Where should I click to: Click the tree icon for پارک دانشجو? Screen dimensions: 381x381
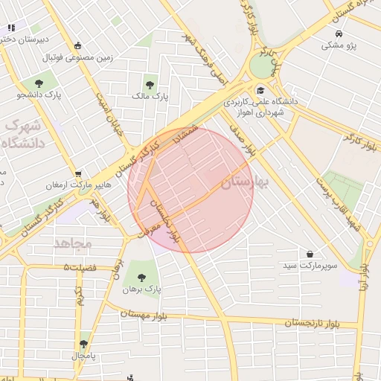tap(39, 83)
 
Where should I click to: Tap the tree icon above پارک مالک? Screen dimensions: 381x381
tap(151, 84)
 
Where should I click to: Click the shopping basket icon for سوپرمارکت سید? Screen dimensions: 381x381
tap(310, 254)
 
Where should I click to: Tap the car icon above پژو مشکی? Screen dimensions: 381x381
tap(339, 34)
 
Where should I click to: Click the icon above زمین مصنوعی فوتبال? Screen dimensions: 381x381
tap(80, 45)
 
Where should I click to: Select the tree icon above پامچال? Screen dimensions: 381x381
tap(83, 345)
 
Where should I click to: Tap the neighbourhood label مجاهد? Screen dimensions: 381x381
tap(72, 243)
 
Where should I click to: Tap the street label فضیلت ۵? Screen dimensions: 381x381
tap(80, 266)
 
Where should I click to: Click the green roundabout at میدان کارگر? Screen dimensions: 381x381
tap(261, 66)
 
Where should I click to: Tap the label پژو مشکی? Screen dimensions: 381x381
tap(339, 45)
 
